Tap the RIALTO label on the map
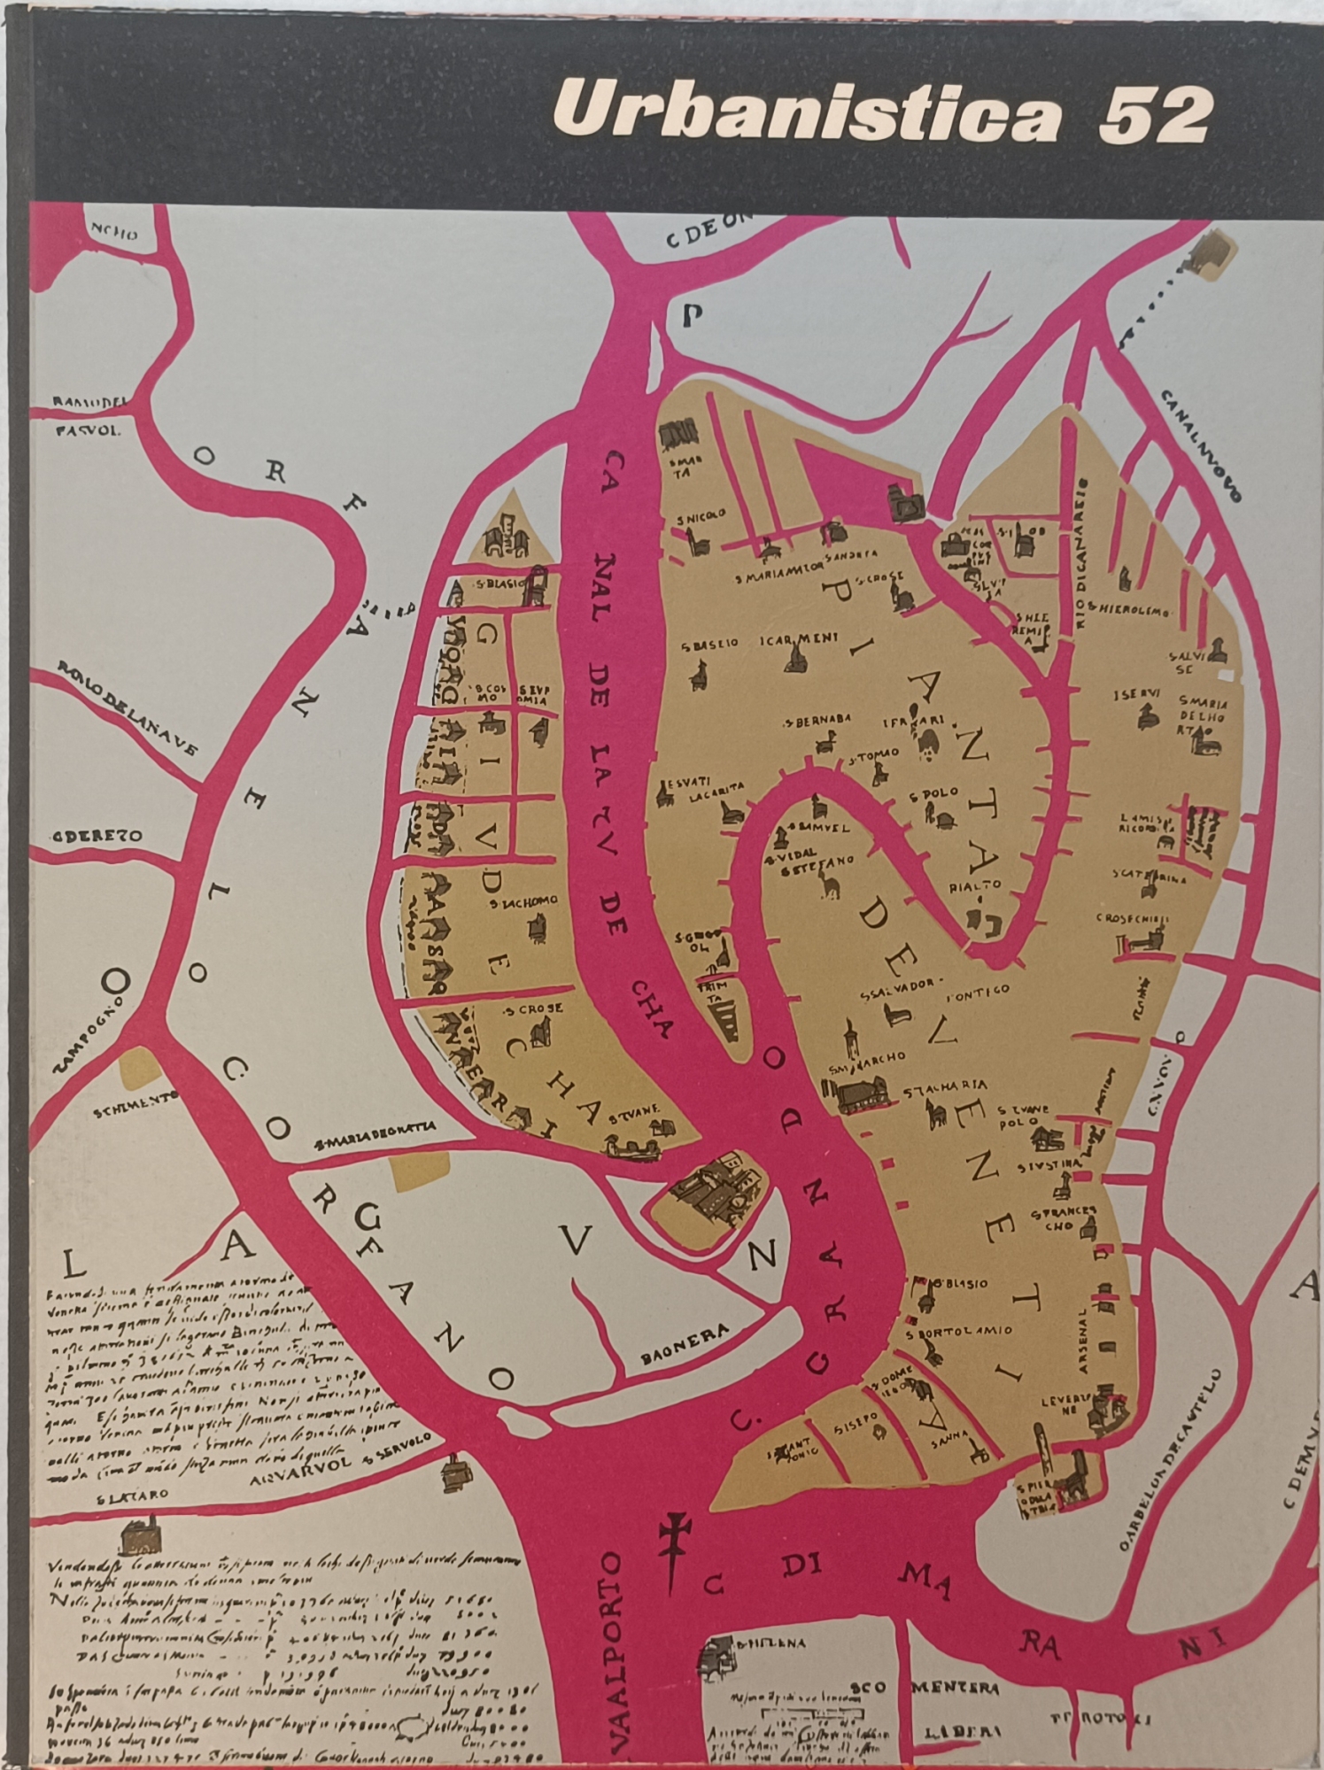pyautogui.click(x=976, y=884)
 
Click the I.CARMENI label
pyautogui.click(x=791, y=639)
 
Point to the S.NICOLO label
pyautogui.click(x=701, y=514)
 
